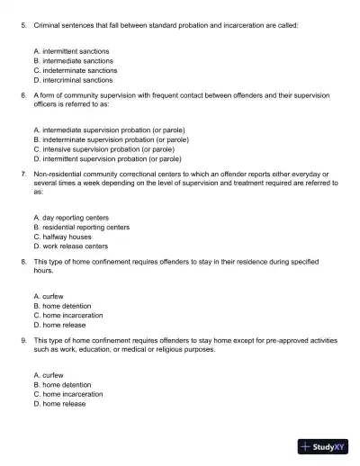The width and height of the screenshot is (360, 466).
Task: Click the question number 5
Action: [23, 26]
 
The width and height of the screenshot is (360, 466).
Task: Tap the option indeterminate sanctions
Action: [75, 70]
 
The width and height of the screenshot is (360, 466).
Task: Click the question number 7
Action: [23, 172]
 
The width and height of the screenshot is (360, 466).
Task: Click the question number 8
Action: [23, 260]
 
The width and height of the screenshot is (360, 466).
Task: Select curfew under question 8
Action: [49, 296]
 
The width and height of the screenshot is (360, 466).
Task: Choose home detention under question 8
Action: [61, 306]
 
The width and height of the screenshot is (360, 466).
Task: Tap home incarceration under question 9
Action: [67, 394]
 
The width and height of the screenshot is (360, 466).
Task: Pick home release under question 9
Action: [59, 404]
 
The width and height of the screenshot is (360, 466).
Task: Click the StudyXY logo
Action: [323, 445]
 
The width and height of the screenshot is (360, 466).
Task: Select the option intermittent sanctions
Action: [71, 51]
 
